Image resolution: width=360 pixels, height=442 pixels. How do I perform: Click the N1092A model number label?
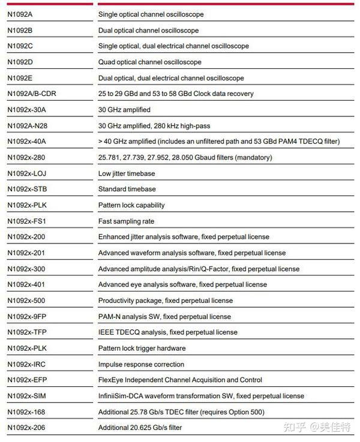coord(20,14)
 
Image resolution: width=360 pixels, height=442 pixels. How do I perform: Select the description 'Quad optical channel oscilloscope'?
coord(149,62)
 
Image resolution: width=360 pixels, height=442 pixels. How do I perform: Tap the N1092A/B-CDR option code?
coord(31,94)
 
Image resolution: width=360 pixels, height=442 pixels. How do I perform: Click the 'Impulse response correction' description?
coord(141,364)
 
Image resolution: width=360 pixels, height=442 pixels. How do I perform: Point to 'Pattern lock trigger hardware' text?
coord(142,348)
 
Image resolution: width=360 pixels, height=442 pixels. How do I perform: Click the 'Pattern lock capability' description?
coord(131,205)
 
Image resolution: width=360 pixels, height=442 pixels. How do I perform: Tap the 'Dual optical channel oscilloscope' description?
coord(148,31)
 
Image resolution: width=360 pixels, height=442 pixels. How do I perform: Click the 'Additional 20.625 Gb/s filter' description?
coord(140,428)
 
